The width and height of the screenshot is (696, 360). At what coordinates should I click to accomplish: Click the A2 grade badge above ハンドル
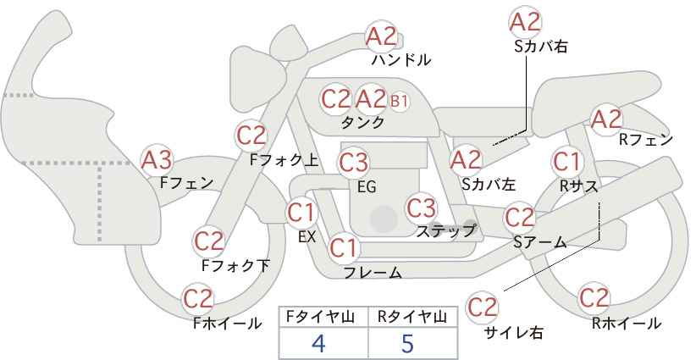tap(381, 36)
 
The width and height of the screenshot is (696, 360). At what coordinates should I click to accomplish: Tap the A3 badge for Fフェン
tap(157, 160)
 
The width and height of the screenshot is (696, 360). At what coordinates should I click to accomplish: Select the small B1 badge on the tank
tap(399, 101)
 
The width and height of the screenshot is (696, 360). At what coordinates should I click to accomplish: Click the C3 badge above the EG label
tap(353, 163)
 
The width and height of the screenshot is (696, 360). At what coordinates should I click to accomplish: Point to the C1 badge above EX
tap(301, 213)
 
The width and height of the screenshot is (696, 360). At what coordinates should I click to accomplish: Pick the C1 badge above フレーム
tap(344, 248)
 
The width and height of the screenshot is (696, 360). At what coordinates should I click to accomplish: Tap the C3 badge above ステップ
tap(421, 208)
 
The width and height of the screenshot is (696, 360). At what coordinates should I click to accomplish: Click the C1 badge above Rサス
tap(566, 162)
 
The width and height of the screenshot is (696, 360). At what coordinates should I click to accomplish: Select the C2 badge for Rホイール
tap(594, 298)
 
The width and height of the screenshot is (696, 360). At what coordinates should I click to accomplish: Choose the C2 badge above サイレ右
tap(482, 307)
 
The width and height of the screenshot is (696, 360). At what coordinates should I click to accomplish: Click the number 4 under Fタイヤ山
tap(318, 343)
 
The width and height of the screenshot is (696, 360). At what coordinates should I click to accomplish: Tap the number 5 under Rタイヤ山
tap(407, 343)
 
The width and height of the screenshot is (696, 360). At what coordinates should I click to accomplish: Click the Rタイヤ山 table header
tap(412, 317)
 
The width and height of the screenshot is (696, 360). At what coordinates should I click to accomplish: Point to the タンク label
tap(362, 122)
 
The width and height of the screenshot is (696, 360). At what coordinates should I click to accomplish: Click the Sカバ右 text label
tap(541, 47)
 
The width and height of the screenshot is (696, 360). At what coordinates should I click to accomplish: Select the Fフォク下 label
tap(235, 265)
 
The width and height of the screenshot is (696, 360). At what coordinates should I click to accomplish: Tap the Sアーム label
tap(540, 242)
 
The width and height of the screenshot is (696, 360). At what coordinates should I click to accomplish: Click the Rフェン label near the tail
tap(646, 140)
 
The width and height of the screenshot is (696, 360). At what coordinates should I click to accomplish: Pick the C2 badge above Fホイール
tap(198, 299)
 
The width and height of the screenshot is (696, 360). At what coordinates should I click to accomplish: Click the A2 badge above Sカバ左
tap(466, 160)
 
